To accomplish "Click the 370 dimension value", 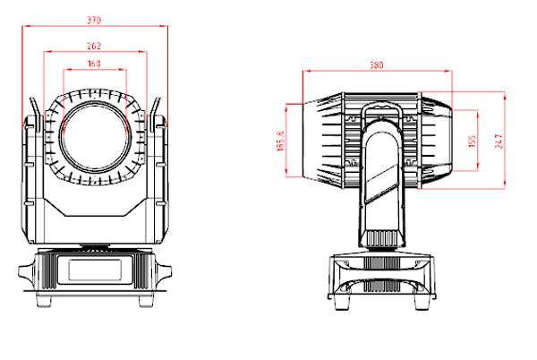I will pos(95,20).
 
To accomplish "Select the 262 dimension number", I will pos(95,46).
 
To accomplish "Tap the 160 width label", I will pos(95,64).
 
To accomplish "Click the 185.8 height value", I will pos(281,141).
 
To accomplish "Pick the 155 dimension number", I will pos(472,141).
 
